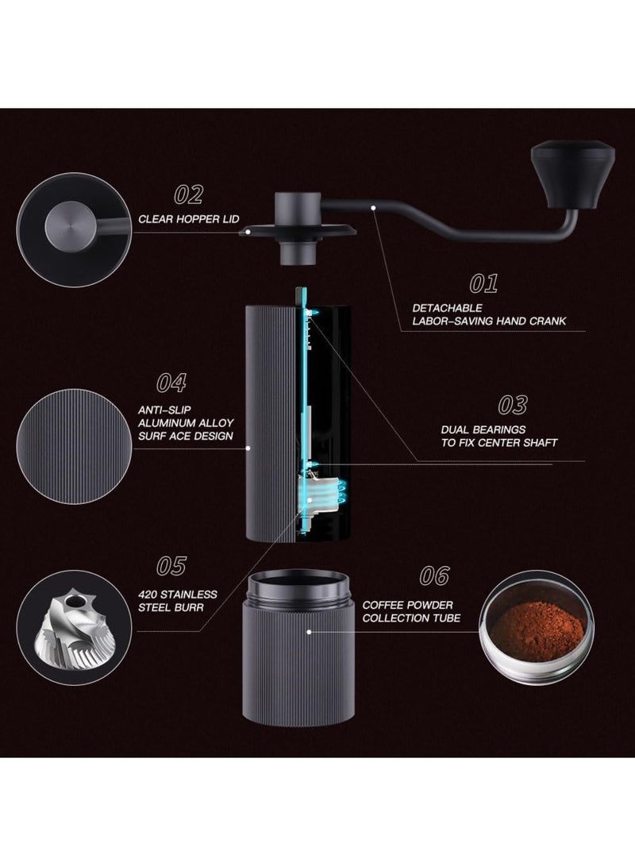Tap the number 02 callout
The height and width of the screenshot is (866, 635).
pos(188,194)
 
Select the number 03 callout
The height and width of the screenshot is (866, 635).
pos(512,405)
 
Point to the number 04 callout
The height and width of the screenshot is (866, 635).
pos(171,383)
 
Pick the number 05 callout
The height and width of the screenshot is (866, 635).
pos(171,566)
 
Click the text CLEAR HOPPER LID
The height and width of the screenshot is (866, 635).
pos(188,219)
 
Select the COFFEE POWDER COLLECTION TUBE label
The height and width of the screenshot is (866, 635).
pos(411,611)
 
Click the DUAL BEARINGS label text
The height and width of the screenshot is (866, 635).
pos(498,436)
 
